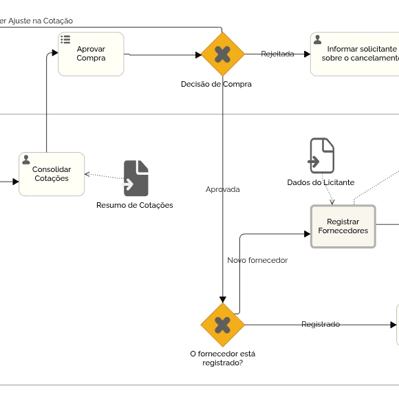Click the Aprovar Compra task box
tap(91, 54)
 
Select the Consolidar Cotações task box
tap(52, 174)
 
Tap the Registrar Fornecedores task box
tap(343, 226)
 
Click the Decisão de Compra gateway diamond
tap(223, 54)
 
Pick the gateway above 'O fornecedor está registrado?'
tap(223, 325)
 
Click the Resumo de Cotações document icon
tap(136, 178)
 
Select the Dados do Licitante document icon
tap(322, 155)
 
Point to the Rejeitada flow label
tap(277, 54)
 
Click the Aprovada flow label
tap(223, 189)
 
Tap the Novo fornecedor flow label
tap(257, 260)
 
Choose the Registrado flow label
tap(321, 324)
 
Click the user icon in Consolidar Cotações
tap(26, 160)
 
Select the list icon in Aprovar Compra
tap(65, 39)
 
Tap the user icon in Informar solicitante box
tap(317, 39)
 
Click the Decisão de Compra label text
tap(216, 84)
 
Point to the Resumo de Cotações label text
tap(135, 205)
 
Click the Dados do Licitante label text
tap(321, 182)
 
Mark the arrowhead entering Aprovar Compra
tap(55, 53)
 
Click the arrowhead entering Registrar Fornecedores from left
tap(307, 234)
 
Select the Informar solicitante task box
tap(355, 54)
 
